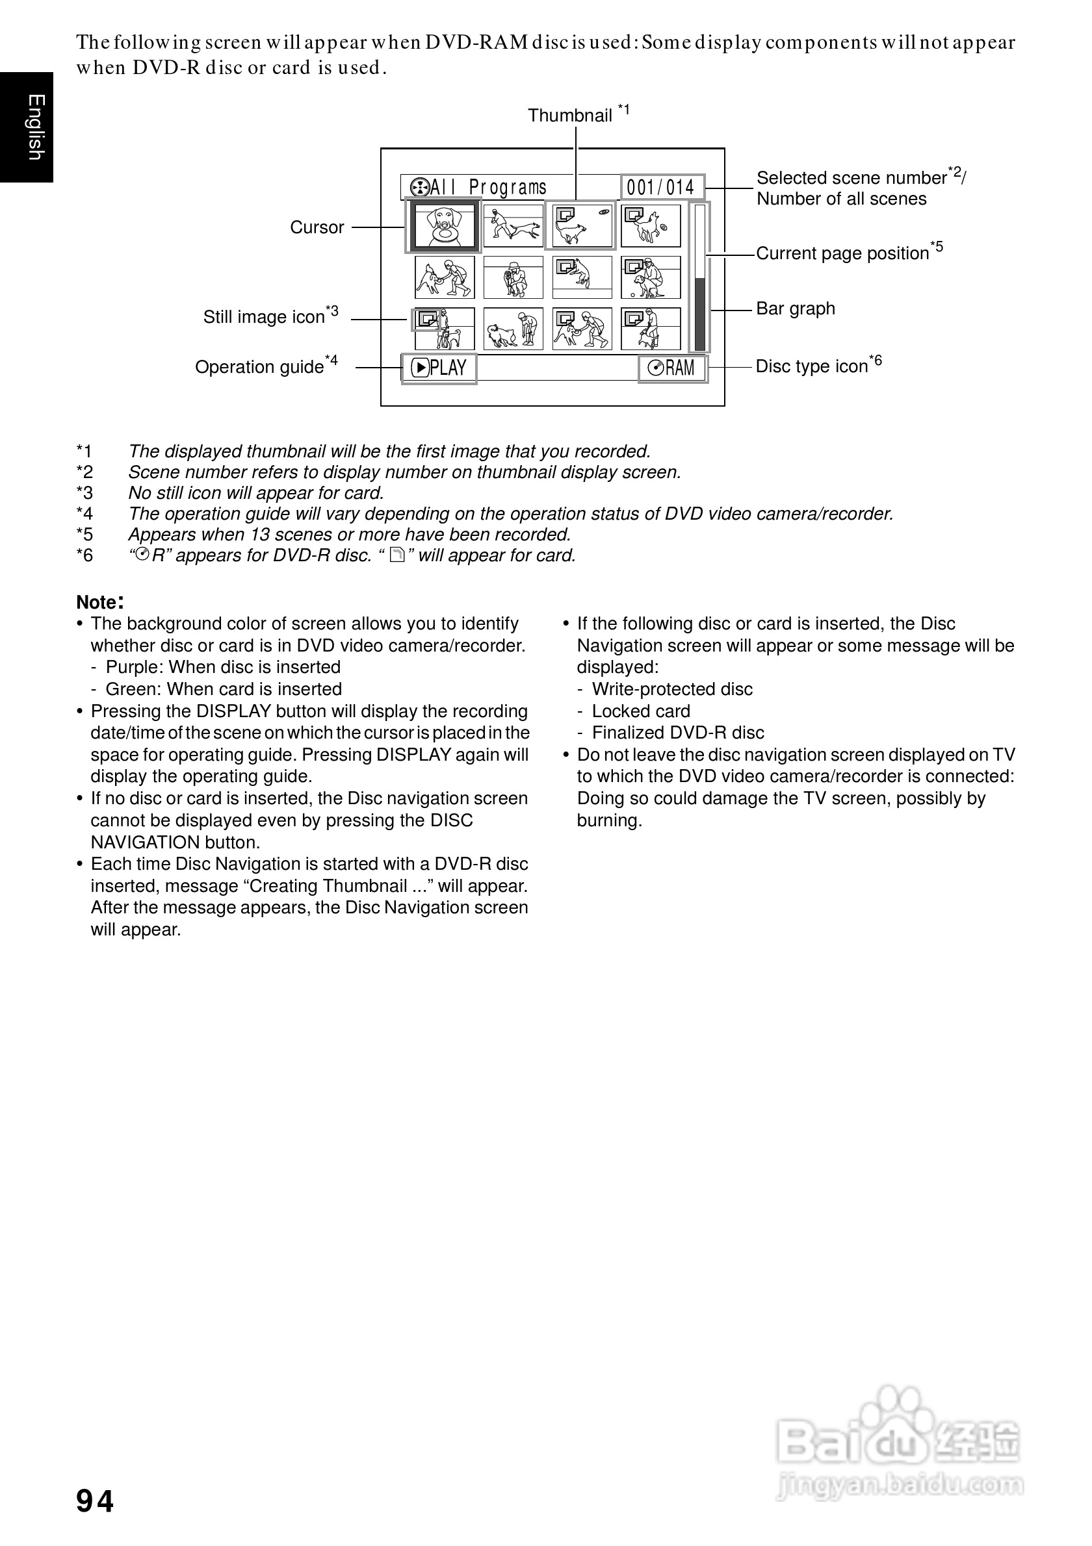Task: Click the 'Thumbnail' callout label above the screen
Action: [570, 116]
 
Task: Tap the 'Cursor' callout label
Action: [317, 227]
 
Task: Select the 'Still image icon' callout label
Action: [264, 317]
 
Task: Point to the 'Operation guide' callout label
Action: [259, 367]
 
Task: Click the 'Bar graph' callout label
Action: [796, 309]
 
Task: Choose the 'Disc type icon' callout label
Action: [811, 366]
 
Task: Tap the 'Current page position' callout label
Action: [842, 253]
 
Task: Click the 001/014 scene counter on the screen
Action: [660, 187]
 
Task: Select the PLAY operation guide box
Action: [439, 368]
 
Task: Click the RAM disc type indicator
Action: [671, 368]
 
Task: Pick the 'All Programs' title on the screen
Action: [479, 187]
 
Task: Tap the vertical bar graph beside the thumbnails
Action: [700, 277]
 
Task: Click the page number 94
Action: [95, 1502]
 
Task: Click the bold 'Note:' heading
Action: [99, 602]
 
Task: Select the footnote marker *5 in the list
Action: [84, 535]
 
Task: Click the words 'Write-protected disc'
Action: [671, 689]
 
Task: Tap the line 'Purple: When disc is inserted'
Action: [223, 667]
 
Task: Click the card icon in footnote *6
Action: [397, 555]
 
